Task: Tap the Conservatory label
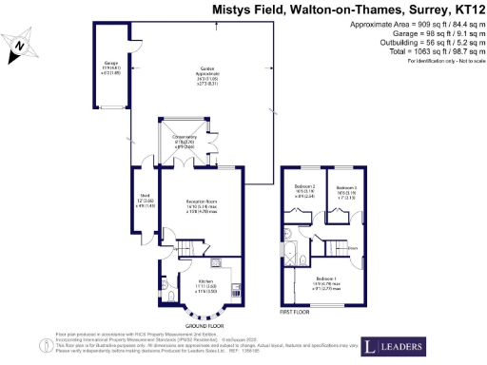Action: click(x=184, y=143)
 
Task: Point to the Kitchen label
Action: click(x=205, y=284)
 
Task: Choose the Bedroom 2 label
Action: click(x=303, y=189)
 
